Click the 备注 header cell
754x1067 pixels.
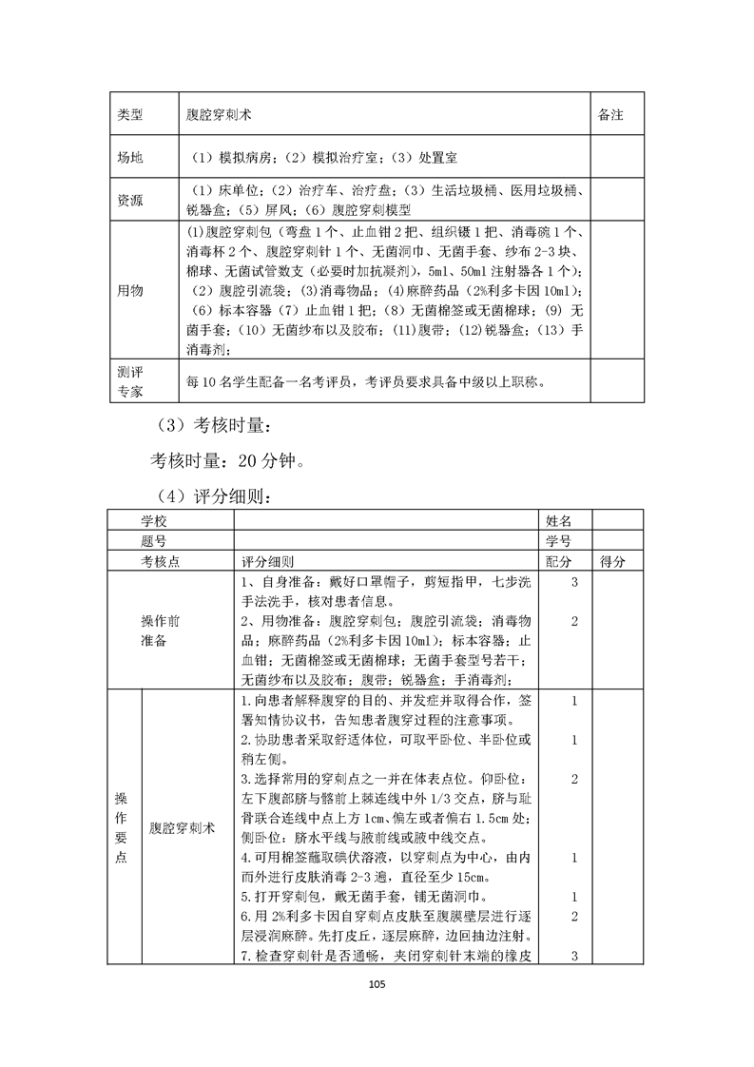click(x=610, y=114)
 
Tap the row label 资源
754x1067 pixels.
click(x=129, y=200)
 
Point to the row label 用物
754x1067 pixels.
click(x=129, y=290)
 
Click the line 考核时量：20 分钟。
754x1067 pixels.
click(x=228, y=461)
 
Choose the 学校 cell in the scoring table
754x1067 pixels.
click(x=160, y=520)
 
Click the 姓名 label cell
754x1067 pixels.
click(x=559, y=520)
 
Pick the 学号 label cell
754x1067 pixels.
click(x=559, y=541)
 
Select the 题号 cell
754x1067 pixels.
click(x=160, y=541)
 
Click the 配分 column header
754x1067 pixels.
click(x=559, y=562)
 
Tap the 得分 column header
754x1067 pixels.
click(x=613, y=562)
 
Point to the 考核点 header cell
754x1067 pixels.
click(x=160, y=562)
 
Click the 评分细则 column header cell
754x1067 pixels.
click(x=268, y=562)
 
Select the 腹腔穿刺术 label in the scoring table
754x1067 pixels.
click(x=183, y=827)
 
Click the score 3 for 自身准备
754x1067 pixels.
click(x=575, y=582)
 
